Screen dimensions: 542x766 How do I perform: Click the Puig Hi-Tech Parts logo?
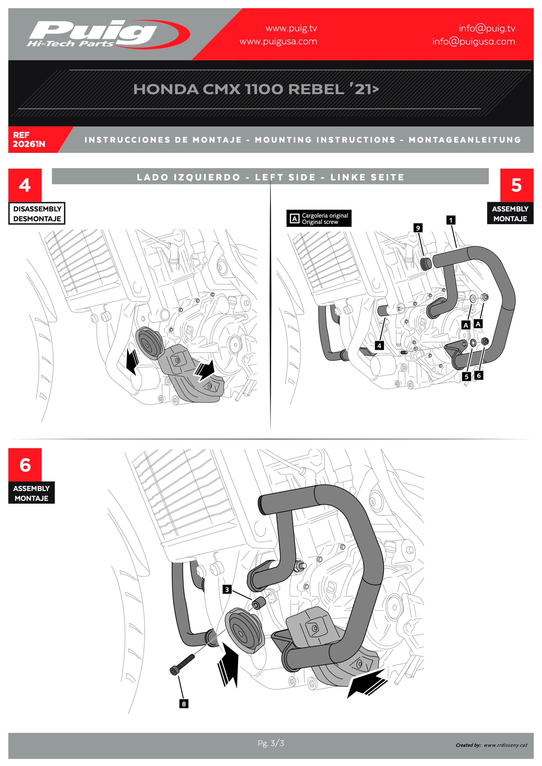(x=108, y=34)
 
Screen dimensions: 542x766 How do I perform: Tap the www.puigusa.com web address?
(x=278, y=41)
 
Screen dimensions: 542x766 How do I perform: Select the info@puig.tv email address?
(x=487, y=28)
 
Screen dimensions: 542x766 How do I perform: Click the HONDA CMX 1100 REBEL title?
(x=256, y=89)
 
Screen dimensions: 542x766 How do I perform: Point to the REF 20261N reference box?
(x=36, y=139)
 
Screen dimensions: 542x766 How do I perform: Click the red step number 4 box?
(x=25, y=185)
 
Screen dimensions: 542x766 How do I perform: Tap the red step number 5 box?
(x=516, y=185)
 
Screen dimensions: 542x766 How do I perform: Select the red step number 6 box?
(x=25, y=465)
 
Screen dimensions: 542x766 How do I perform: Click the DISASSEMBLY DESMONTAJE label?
(x=37, y=213)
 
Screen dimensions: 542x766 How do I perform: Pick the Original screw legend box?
(x=319, y=218)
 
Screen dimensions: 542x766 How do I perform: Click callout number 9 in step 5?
(x=418, y=228)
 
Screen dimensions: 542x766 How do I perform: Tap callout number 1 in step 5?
(x=451, y=220)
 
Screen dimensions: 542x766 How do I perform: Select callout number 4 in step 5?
(x=379, y=345)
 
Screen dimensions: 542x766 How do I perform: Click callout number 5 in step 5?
(x=466, y=376)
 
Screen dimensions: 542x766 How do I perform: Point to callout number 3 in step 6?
(x=227, y=589)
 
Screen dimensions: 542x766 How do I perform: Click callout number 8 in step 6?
(x=183, y=704)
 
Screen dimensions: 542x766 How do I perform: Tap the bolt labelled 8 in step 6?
(x=182, y=664)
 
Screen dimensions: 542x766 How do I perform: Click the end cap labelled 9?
(x=425, y=263)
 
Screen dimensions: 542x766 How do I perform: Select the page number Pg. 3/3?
(x=271, y=743)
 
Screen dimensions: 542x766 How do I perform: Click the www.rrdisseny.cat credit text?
(x=505, y=745)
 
